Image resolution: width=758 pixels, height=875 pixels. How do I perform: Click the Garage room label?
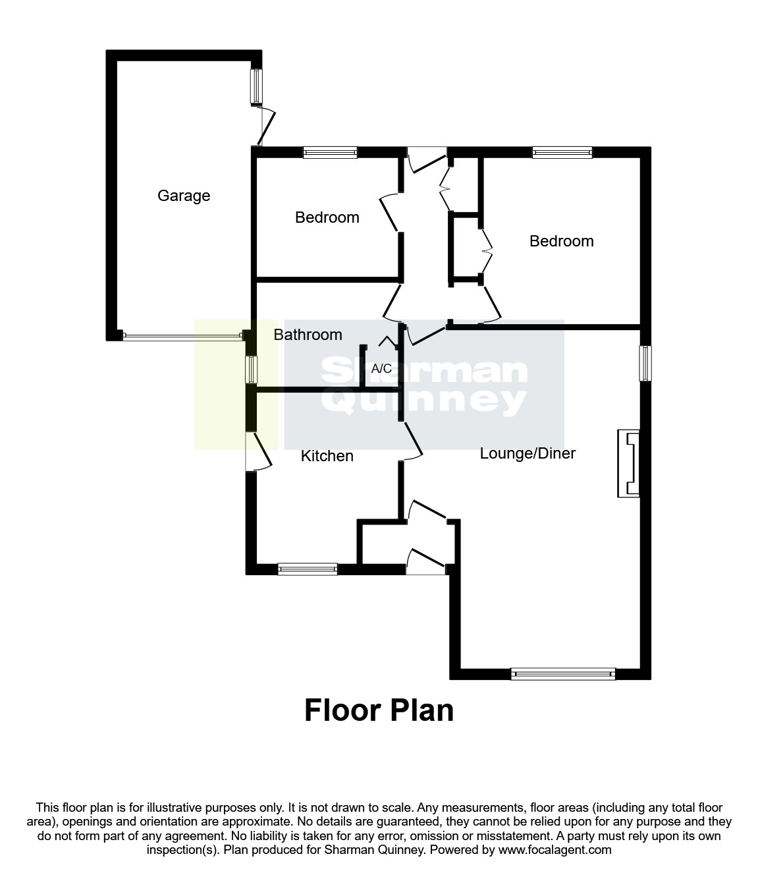coord(184,196)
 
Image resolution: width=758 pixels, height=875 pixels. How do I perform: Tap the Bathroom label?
coord(308,335)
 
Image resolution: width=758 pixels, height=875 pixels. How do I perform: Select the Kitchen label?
coord(327,456)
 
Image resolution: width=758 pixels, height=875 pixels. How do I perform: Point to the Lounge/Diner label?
coord(528,453)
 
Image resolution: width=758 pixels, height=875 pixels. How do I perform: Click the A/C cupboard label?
coord(381,369)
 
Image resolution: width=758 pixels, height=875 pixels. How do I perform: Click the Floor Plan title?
coord(379,711)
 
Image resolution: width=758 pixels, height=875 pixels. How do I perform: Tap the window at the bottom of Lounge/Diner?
coord(563,674)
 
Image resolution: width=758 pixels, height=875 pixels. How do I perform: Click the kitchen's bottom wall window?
coord(308,569)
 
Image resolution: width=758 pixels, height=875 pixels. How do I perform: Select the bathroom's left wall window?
coord(251,370)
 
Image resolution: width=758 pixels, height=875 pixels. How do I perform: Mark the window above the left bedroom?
coord(330,153)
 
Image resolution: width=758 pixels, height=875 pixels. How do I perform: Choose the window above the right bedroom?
coord(562,153)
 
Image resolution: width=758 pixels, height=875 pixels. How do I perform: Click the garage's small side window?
coord(256,86)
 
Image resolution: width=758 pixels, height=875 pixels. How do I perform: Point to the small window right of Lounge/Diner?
coord(646,363)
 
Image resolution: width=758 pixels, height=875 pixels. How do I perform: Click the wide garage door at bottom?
coord(182,337)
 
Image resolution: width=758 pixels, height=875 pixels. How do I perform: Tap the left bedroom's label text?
coord(327,217)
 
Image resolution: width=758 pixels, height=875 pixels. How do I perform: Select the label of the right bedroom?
coord(562,241)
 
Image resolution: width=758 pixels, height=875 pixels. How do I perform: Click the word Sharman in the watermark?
coord(424,372)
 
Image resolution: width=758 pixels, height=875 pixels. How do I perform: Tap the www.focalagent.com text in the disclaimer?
coord(555,850)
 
